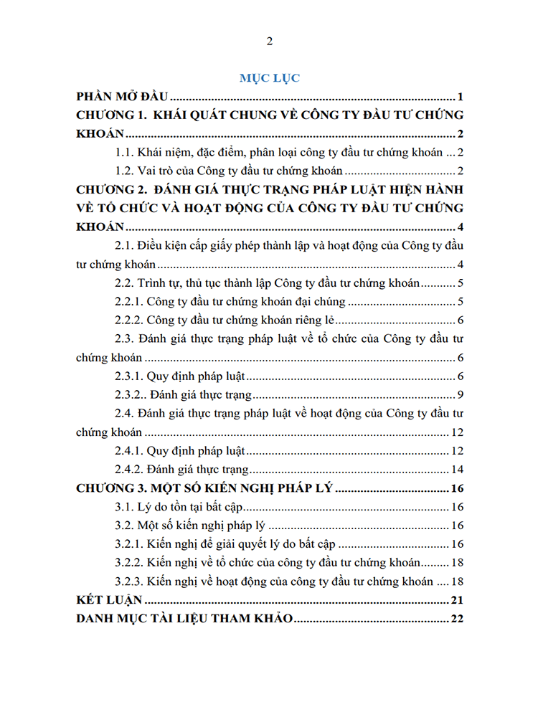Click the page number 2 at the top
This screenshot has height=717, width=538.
coord(269,41)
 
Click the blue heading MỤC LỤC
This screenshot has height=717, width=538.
coord(269,78)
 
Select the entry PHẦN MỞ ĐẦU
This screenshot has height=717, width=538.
coord(121,97)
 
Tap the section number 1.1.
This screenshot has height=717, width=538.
coord(125,152)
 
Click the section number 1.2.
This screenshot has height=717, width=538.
coord(125,171)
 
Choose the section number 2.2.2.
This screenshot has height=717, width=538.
coord(129,320)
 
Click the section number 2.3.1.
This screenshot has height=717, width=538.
coord(129,376)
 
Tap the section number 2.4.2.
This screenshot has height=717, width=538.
coord(129,470)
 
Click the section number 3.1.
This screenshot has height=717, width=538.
coord(125,508)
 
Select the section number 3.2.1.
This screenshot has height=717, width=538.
coord(129,545)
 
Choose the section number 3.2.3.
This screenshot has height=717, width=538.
coord(129,582)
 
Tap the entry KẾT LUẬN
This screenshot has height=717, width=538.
coord(110,601)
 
